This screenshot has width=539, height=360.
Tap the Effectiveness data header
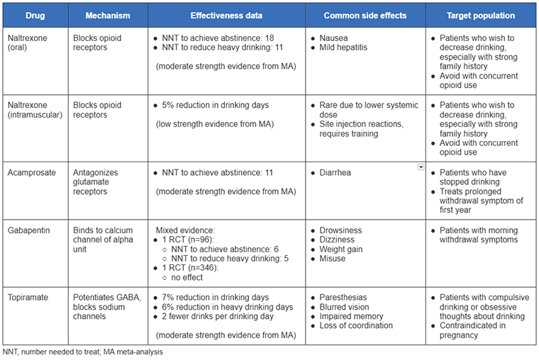pyautogui.click(x=226, y=15)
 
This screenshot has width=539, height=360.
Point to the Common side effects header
pyautogui.click(x=365, y=15)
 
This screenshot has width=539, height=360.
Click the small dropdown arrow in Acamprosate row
pyautogui.click(x=421, y=167)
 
